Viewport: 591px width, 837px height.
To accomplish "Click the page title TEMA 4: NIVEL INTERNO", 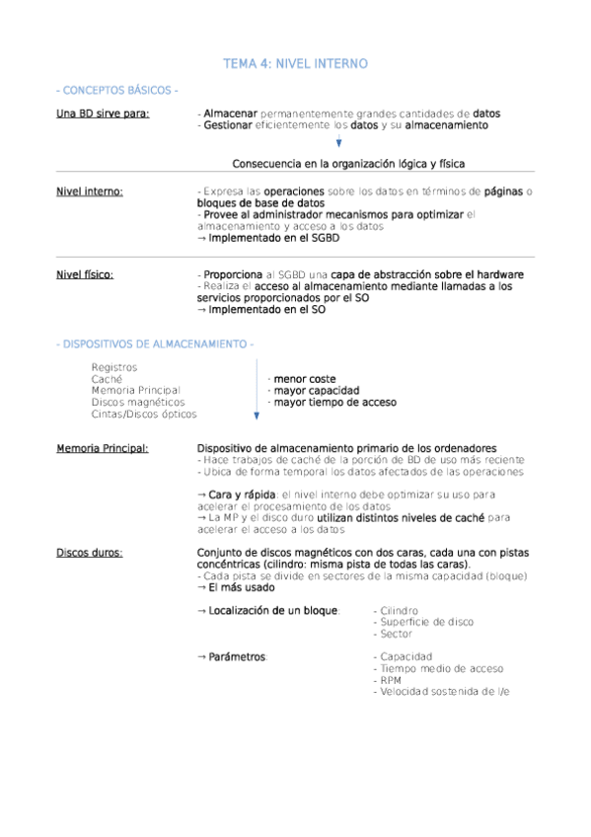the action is pos(295,64).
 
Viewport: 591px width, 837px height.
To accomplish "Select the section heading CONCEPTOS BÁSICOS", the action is pos(117,91).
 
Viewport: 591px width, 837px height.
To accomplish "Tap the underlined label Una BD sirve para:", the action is pos(104,114).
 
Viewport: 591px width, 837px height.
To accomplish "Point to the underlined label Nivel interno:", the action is pos(90,191).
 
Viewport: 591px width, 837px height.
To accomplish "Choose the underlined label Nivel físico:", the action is pos(85,274).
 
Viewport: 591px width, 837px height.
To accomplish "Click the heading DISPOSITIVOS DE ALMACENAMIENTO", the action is pos(156,343).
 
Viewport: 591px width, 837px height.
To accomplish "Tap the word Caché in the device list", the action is pos(107,379).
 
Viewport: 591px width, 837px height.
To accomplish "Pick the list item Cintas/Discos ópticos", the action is pos(143,415).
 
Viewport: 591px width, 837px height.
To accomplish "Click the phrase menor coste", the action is pos(304,379).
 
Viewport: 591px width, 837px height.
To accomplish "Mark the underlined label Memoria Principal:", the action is pos(103,449).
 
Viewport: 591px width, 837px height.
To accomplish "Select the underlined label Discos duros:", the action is pos(90,553).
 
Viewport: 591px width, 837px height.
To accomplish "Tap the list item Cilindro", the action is pos(398,611).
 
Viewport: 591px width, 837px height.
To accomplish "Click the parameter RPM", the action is pos(390,681).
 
